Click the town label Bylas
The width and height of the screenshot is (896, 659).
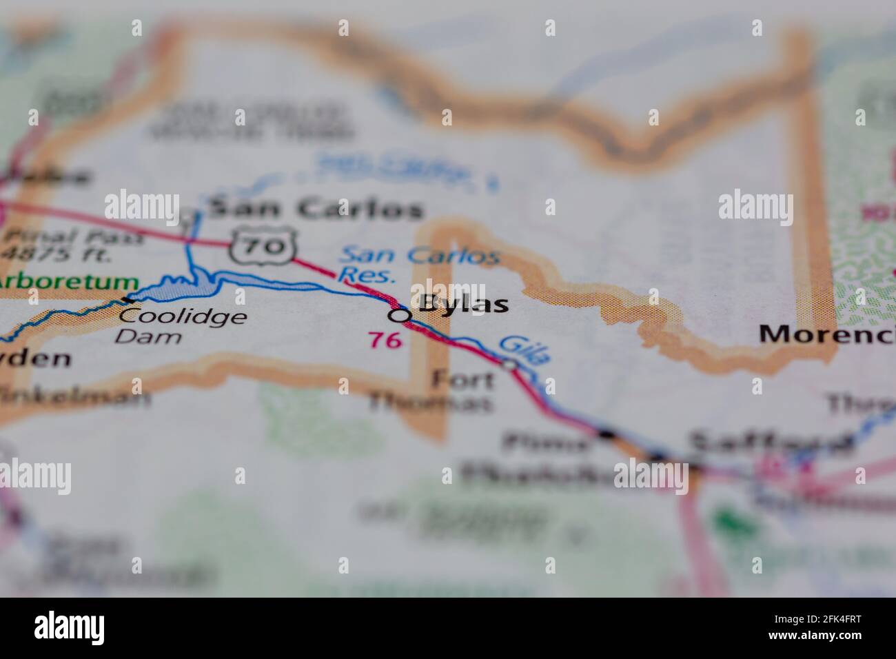pyautogui.click(x=463, y=304)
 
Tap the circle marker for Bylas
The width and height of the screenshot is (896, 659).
pyautogui.click(x=399, y=316)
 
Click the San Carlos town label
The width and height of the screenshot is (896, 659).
pyautogui.click(x=315, y=209)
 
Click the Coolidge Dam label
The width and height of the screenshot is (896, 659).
pyautogui.click(x=182, y=326)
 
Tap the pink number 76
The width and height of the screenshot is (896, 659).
pyautogui.click(x=385, y=339)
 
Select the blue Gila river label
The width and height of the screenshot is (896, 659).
pyautogui.click(x=525, y=349)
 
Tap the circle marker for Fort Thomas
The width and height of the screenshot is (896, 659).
pyautogui.click(x=509, y=365)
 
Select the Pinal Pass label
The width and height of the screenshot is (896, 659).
pyautogui.click(x=74, y=237)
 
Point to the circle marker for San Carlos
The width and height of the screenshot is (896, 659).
pyautogui.click(x=187, y=216)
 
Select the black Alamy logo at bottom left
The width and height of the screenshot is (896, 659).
pyautogui.click(x=70, y=628)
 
